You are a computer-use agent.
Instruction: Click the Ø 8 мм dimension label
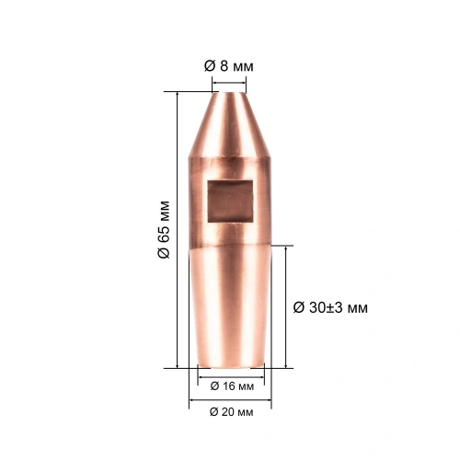pos(229,66)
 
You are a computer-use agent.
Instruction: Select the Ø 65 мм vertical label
pos(164,230)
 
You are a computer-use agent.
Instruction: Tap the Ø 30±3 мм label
pos(330,307)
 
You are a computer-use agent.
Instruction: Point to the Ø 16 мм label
pos(232,386)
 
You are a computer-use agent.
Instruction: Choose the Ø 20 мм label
pos(231,412)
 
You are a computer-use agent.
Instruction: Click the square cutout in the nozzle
pos(230,201)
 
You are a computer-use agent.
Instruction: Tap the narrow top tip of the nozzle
pos(229,93)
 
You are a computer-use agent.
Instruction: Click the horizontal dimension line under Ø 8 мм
pos(229,83)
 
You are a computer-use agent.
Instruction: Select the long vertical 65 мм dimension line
pos(178,230)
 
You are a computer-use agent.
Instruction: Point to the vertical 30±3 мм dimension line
pos(286,306)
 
